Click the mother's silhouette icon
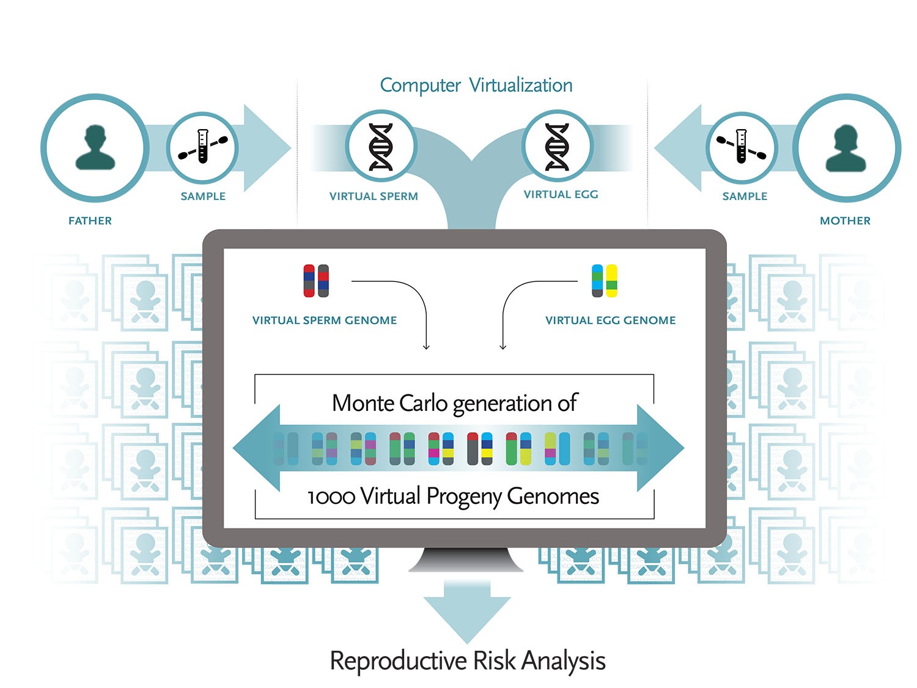(x=845, y=148)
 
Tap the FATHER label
(x=90, y=221)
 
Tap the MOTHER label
(x=845, y=221)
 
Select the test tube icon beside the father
(x=203, y=147)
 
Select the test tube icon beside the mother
(x=741, y=147)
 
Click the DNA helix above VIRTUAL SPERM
(x=381, y=147)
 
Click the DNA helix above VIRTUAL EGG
(x=557, y=147)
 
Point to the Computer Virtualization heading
(x=476, y=85)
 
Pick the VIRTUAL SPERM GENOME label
(x=325, y=320)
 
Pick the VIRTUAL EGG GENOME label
(x=610, y=320)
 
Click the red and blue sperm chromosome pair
(x=316, y=281)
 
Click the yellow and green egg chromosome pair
(x=605, y=281)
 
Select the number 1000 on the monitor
(x=331, y=496)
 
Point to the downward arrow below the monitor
(x=467, y=615)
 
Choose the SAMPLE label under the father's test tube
(x=203, y=196)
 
